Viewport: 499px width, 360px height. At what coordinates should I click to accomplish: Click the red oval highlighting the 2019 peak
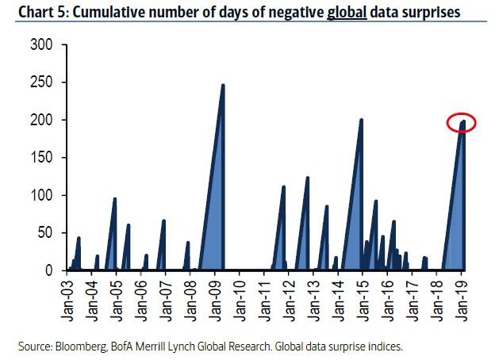point(461,123)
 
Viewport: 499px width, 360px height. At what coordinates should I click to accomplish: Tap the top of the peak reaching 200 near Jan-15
point(361,120)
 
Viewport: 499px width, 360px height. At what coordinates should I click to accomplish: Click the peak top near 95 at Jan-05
point(115,198)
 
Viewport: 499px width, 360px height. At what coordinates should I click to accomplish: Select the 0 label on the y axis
point(48,270)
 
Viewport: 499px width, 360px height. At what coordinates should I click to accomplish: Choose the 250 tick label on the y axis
point(41,82)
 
